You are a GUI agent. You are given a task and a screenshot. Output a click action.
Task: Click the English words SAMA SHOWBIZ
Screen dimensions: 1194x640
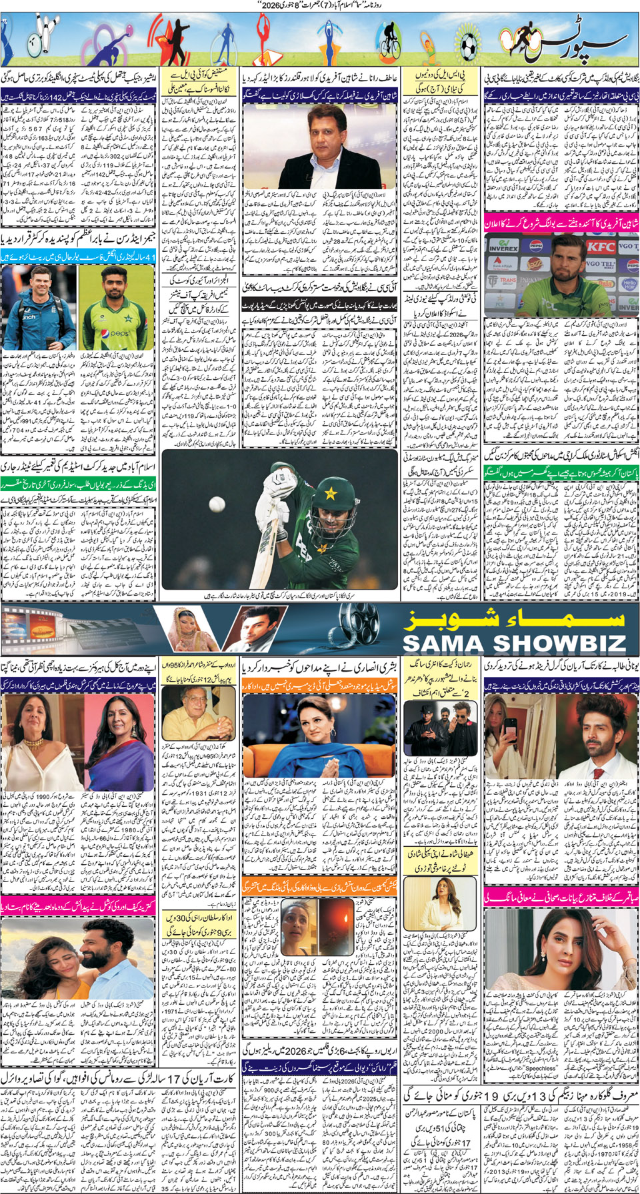514,643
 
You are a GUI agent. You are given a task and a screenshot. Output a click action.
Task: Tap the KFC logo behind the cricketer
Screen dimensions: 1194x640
599,246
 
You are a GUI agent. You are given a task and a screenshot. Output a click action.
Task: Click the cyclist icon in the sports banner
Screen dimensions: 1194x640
389,41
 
